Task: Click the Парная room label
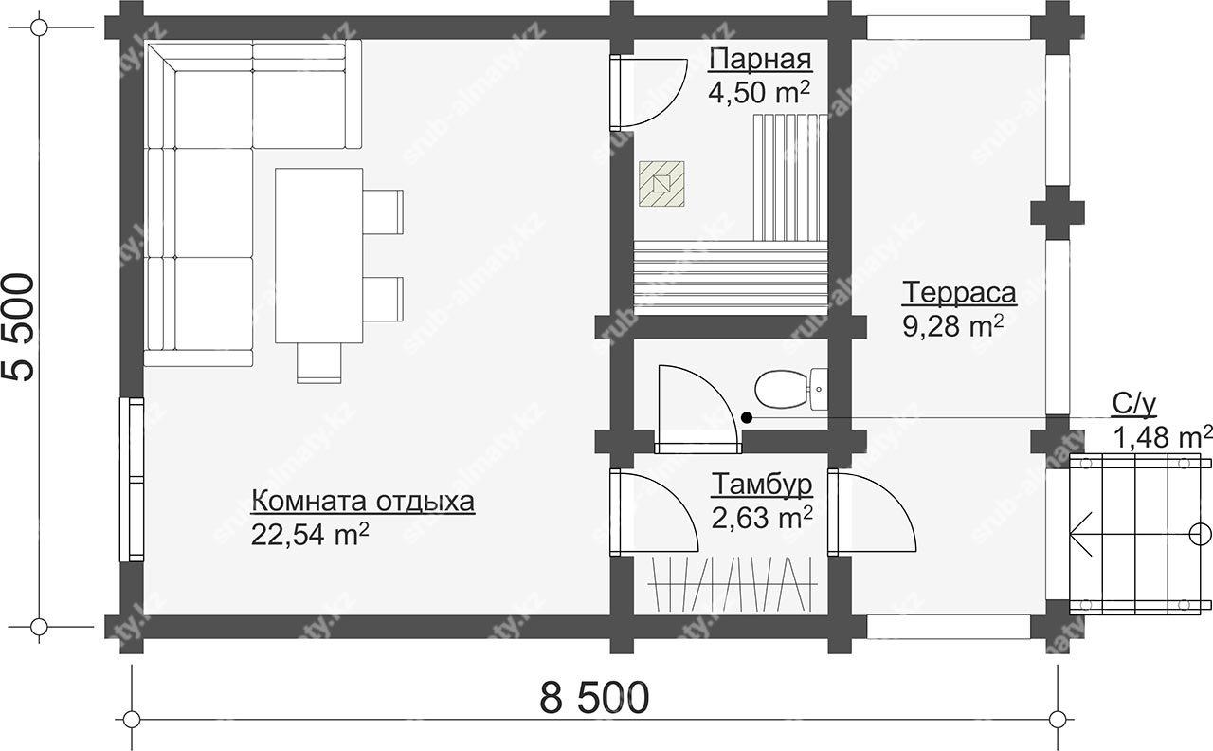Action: click(x=760, y=60)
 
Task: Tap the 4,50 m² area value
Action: click(x=759, y=92)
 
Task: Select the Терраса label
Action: click(x=958, y=293)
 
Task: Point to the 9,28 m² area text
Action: click(x=953, y=326)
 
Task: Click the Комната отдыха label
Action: click(x=363, y=502)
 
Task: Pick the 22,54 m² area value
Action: click(x=310, y=535)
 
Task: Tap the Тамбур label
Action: click(x=761, y=485)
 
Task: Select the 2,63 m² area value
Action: click(x=762, y=518)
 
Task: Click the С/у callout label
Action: click(x=1134, y=404)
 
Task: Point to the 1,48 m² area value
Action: click(x=1162, y=437)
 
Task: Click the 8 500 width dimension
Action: click(x=594, y=698)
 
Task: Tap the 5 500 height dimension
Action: click(x=20, y=327)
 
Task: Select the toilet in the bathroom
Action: click(x=791, y=389)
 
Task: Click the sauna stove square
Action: click(x=661, y=184)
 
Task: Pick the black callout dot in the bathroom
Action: click(x=747, y=418)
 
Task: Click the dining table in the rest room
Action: click(x=319, y=256)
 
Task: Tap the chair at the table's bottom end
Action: click(x=319, y=363)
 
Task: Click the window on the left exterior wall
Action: click(x=132, y=480)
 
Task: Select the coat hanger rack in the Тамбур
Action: click(x=733, y=584)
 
